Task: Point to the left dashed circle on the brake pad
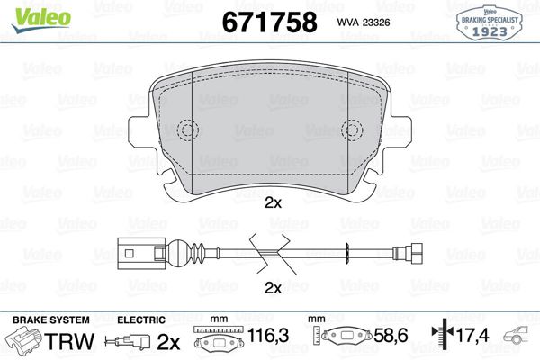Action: coord(187,130)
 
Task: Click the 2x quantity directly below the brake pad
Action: coord(273,204)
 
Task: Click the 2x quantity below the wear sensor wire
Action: coord(273,288)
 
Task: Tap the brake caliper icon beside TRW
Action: coord(24,342)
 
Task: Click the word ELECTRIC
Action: coord(141,319)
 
